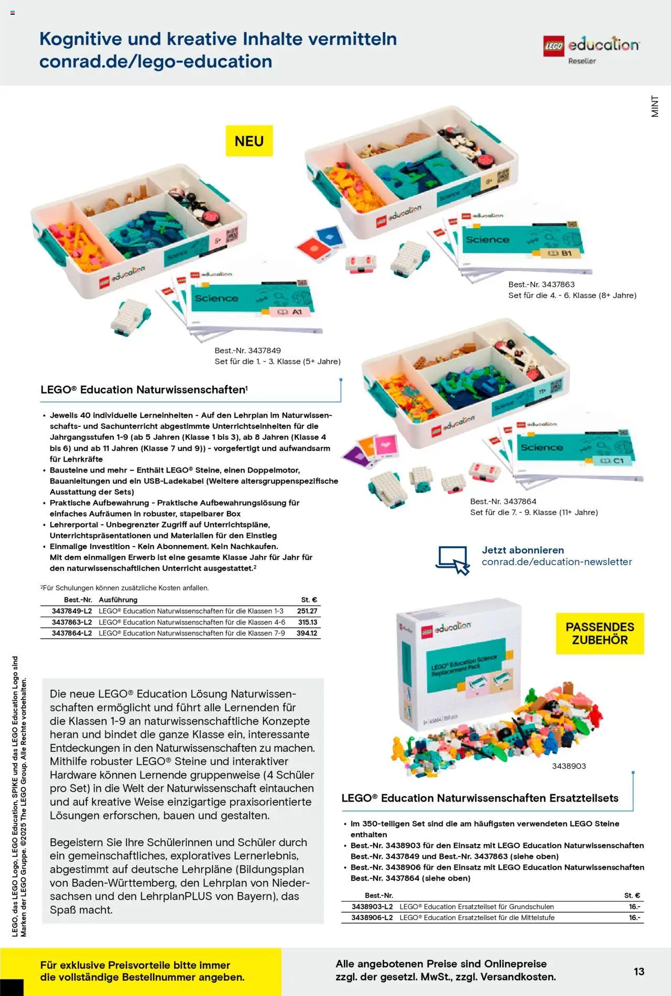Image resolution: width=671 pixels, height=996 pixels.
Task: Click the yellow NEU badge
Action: tap(249, 141)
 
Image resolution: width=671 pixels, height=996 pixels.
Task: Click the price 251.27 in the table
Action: tap(307, 611)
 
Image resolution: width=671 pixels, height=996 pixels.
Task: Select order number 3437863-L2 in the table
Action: tap(72, 622)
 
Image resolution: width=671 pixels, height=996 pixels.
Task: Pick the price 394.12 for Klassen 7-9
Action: tap(307, 633)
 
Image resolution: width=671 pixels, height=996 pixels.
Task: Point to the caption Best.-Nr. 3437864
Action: tap(503, 501)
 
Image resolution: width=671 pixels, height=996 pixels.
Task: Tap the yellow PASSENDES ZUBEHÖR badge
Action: tap(600, 633)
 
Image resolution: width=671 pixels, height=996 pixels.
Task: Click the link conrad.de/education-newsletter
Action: tap(557, 562)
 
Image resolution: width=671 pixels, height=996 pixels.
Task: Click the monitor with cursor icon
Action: tap(453, 560)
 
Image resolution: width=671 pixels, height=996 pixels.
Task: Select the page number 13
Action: tap(638, 971)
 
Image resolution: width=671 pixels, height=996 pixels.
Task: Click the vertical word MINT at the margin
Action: tap(655, 106)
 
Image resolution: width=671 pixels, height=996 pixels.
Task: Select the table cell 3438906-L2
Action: tap(372, 917)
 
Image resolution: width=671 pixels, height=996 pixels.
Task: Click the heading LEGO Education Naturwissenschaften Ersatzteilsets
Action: tap(480, 798)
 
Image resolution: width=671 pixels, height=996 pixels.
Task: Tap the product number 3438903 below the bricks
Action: tap(569, 766)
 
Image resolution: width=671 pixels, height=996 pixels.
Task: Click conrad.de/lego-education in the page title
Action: tap(156, 61)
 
